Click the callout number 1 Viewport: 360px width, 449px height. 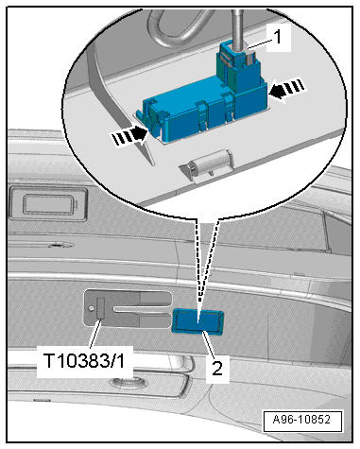[278, 37]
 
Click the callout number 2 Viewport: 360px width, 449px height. [217, 368]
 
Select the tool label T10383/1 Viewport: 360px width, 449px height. [84, 361]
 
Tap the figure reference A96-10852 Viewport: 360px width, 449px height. [301, 420]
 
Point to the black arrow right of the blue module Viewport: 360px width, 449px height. [287, 89]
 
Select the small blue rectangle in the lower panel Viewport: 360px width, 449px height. [197, 321]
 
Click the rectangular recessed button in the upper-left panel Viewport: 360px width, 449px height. [48, 204]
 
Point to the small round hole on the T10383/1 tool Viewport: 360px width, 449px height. [91, 308]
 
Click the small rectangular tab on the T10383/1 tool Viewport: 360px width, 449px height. [101, 308]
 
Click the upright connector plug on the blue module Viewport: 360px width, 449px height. [239, 68]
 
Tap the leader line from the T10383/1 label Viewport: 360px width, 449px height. [95, 334]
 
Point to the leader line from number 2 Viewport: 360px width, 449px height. [210, 346]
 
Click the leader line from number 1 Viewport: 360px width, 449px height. [259, 43]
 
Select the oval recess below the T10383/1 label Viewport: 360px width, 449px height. [128, 382]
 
